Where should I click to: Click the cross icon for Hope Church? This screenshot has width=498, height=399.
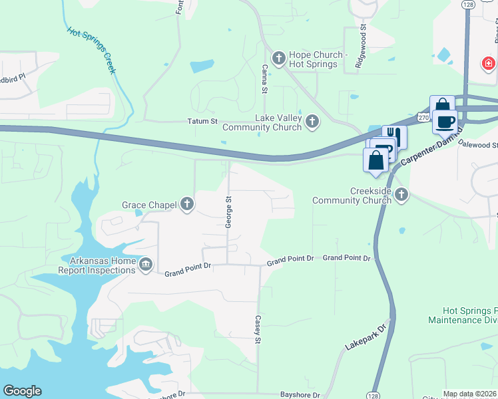[x=278, y=59]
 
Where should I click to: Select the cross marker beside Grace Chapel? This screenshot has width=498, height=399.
[x=187, y=205]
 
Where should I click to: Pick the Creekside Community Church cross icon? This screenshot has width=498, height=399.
[x=401, y=195]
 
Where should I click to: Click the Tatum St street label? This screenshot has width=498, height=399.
[x=201, y=122]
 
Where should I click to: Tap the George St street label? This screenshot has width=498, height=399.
[x=228, y=212]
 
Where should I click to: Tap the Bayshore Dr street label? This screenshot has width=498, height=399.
[x=300, y=394]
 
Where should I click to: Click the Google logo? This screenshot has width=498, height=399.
[x=22, y=391]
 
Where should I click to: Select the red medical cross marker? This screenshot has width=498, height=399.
[x=488, y=64]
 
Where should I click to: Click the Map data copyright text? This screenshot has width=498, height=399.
[x=470, y=394]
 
